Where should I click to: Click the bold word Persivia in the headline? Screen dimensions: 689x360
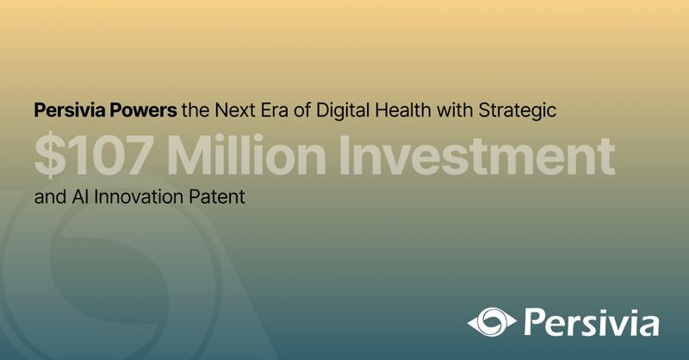coord(70,110)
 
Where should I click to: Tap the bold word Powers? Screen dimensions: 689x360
coord(143,110)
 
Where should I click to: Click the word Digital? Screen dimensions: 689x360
coord(342,110)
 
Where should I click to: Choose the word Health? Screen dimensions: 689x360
coord(402,110)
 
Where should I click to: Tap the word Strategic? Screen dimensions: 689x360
coord(518,110)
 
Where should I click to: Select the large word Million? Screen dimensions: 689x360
coord(246,155)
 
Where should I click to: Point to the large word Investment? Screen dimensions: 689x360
coord(477,155)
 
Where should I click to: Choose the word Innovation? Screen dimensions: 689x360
coord(139,196)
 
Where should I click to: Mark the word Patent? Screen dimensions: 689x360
coord(217,196)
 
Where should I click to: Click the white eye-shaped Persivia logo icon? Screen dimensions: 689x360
coord(492,322)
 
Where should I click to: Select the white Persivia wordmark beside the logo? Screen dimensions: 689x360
coord(592,323)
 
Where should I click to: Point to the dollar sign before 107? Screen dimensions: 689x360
coord(50,155)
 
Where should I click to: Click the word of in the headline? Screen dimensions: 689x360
coord(302,110)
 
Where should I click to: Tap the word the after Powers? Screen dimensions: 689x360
coord(196,110)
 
